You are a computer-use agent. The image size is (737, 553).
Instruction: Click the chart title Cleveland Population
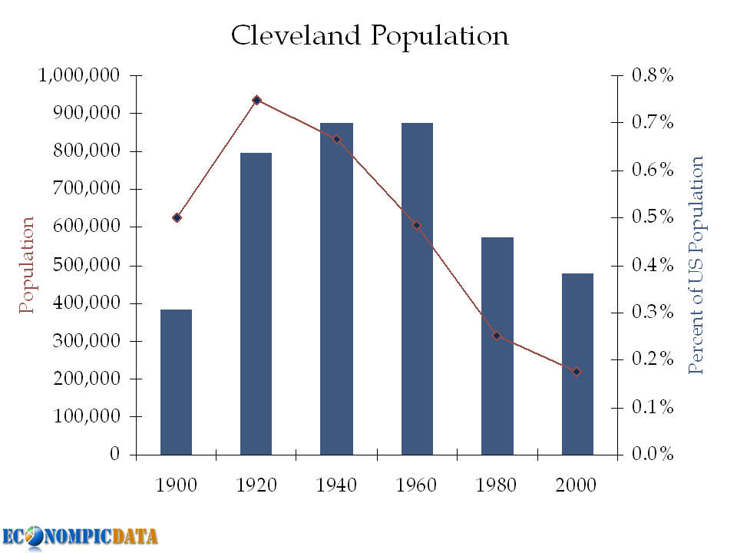pos(369,35)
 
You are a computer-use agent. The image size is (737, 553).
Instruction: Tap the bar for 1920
pos(256,303)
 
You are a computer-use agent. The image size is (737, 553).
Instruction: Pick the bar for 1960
pos(417,289)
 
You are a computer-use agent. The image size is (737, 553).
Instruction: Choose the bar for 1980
pos(497,346)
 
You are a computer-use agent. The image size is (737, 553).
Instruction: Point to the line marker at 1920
pos(256,100)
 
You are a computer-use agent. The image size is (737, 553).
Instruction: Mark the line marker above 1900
pos(177,217)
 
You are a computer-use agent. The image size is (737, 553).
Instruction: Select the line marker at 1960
pos(417,225)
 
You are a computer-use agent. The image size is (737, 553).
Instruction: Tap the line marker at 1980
pos(497,336)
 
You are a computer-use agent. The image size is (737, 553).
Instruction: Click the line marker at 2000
pos(577,372)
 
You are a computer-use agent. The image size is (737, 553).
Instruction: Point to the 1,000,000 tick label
pos(79,75)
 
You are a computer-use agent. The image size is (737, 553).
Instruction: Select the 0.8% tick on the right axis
pos(653,75)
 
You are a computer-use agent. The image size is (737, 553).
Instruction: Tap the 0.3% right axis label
pos(653,313)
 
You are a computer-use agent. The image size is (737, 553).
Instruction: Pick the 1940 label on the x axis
pos(336,485)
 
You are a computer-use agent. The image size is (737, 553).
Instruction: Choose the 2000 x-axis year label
pos(577,485)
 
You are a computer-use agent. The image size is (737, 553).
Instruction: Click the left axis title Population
pos(27,265)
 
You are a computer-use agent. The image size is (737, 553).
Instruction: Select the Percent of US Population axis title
pos(696,265)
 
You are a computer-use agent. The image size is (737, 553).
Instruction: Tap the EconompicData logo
pos(81,536)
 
